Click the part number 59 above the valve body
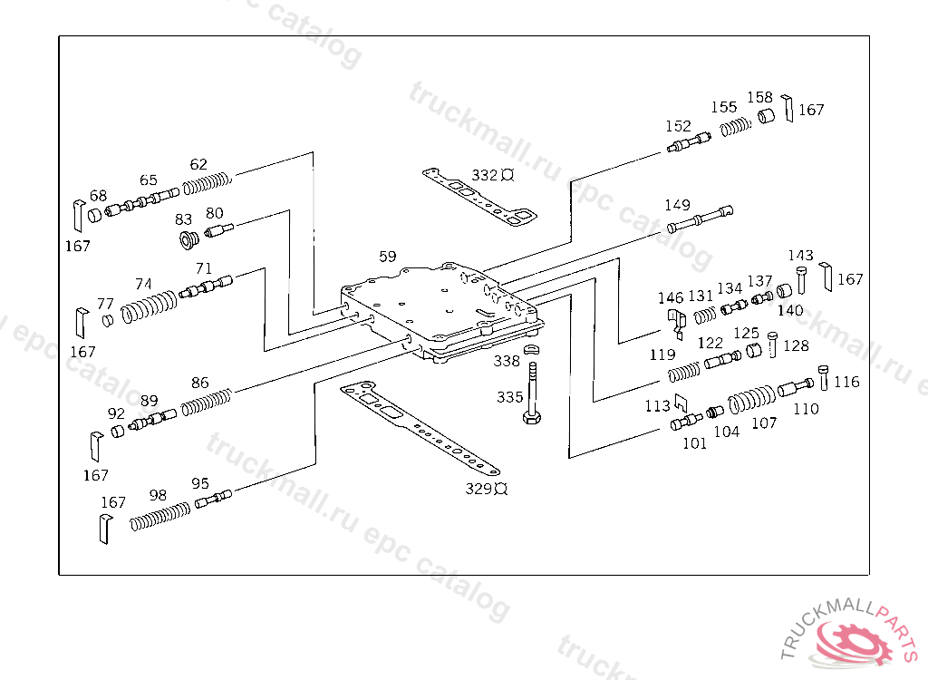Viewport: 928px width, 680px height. (388, 257)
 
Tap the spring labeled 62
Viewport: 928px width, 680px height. (208, 184)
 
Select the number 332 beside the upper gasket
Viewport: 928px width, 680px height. (485, 175)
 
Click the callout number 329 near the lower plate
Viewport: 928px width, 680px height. (478, 489)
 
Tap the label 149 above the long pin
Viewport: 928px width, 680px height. (677, 205)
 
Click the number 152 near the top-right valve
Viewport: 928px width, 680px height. (678, 127)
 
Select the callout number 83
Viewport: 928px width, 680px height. (184, 219)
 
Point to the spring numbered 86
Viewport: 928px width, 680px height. (208, 402)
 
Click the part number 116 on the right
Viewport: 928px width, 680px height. (846, 383)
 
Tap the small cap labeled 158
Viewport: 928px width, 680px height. (767, 118)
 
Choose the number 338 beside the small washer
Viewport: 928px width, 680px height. (507, 361)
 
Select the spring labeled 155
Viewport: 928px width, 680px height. (737, 127)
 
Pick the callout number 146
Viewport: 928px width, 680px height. (671, 297)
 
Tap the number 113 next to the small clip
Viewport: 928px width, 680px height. (657, 406)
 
